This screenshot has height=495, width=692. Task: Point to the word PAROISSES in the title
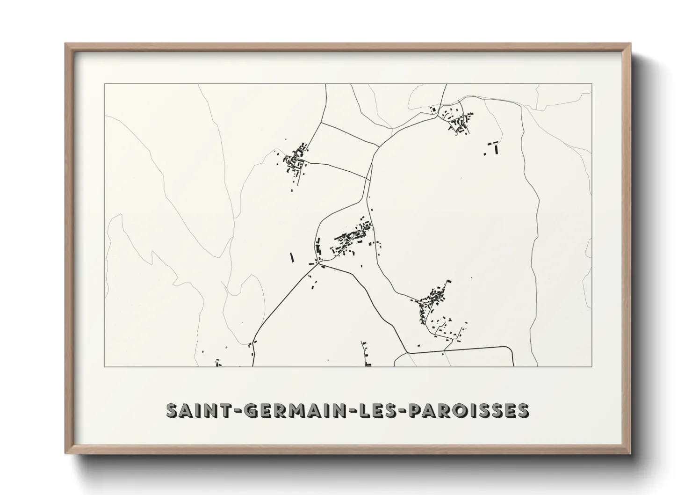(x=469, y=410)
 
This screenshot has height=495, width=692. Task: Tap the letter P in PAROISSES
(x=416, y=410)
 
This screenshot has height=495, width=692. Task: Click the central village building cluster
(x=353, y=239)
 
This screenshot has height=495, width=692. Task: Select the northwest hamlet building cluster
(x=295, y=161)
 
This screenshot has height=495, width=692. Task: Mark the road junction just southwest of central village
(x=319, y=264)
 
